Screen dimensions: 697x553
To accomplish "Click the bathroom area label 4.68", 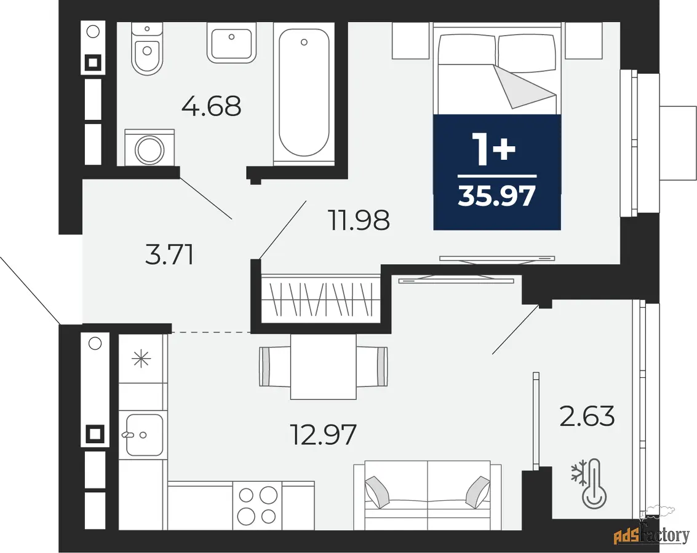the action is [x=212, y=106].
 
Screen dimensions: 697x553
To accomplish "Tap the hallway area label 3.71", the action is [x=169, y=255].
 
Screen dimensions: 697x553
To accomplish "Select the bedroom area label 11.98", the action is [x=359, y=220].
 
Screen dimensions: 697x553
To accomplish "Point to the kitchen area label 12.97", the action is [x=323, y=434].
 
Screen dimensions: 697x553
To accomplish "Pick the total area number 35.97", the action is [x=497, y=196].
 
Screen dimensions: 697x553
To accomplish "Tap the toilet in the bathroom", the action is [x=147, y=49].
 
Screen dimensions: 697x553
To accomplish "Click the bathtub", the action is [x=304, y=94].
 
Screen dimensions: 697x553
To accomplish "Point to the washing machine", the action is [x=149, y=148].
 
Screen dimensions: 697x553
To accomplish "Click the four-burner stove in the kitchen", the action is [x=257, y=506].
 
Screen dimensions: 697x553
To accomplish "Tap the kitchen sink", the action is [x=143, y=435].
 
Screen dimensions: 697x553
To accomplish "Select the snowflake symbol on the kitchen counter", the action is [x=141, y=358].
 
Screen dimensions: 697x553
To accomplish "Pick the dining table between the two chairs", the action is [x=323, y=367].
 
